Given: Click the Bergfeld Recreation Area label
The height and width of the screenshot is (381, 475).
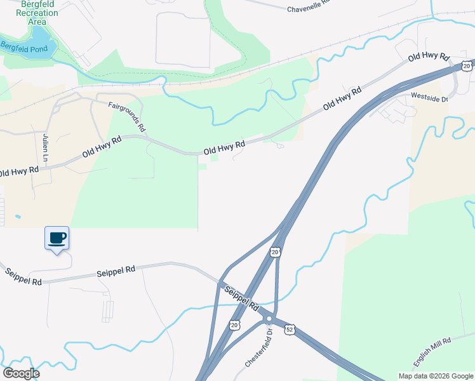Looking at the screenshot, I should coord(38,13).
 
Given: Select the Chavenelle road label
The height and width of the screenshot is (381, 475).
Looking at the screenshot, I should coord(309,8).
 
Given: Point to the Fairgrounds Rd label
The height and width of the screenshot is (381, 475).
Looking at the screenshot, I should coord(127,116).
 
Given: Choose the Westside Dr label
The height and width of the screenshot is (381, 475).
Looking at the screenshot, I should coord(430,98).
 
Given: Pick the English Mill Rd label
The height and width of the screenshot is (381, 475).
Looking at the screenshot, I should coord(432,351).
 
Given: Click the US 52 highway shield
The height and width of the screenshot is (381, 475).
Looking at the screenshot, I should coord(290,330).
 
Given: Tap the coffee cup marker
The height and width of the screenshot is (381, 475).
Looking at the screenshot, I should coord(57,237).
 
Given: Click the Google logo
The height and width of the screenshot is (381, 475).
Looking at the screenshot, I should coord(21,373).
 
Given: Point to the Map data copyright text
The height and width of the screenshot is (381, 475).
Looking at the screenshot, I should coord(435,376).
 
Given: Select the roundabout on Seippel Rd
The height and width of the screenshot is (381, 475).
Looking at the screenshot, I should coord(269,319).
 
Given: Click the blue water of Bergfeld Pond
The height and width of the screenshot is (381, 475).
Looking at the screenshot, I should coord(38,39).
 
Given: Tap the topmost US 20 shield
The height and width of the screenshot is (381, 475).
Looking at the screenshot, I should coord(467,65).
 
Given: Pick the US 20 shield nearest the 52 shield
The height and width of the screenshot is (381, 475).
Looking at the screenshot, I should coord(236,324).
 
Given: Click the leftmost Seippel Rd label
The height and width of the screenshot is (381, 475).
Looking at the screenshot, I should coord(23,277).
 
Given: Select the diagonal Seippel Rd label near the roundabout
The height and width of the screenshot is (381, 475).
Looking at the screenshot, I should coord(242,297).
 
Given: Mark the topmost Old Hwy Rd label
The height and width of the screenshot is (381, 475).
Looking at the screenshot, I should coord(429,57).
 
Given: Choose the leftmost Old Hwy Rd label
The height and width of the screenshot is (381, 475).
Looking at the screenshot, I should coord(19,171).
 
